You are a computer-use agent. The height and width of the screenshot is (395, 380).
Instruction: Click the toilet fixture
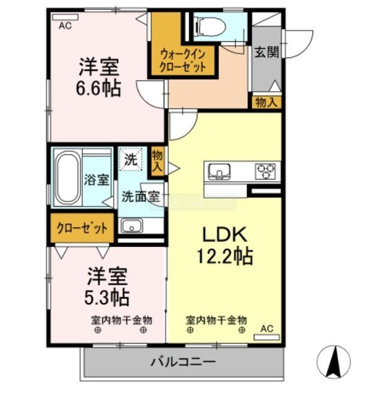point(209,27)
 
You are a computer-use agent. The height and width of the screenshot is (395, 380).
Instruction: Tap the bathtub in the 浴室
point(67,178)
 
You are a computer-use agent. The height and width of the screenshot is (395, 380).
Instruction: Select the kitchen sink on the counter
point(219,172)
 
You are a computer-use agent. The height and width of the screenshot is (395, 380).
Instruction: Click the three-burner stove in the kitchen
point(265,171)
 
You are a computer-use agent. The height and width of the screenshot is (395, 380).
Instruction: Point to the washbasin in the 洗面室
point(132,226)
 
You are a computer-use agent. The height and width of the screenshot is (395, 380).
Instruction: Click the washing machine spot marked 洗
point(131,159)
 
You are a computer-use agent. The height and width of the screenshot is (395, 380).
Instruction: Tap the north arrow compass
point(334,362)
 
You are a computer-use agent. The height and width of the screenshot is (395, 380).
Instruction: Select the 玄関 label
point(266,52)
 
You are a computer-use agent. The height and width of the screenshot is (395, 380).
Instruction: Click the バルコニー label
point(184,362)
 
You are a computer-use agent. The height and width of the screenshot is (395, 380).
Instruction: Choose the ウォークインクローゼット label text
point(183,60)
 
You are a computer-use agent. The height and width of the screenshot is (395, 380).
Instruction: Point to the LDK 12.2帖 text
point(224,246)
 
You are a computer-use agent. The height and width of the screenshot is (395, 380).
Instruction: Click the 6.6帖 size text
point(99,88)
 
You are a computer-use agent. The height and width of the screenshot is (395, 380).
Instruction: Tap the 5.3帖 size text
point(107,297)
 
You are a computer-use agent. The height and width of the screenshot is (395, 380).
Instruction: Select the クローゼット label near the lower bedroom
point(82,228)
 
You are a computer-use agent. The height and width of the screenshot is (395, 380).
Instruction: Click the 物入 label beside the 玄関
point(266,102)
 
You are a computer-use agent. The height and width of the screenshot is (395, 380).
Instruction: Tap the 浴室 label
point(96,180)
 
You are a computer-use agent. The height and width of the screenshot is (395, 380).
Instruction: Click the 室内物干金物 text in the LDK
point(216,320)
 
